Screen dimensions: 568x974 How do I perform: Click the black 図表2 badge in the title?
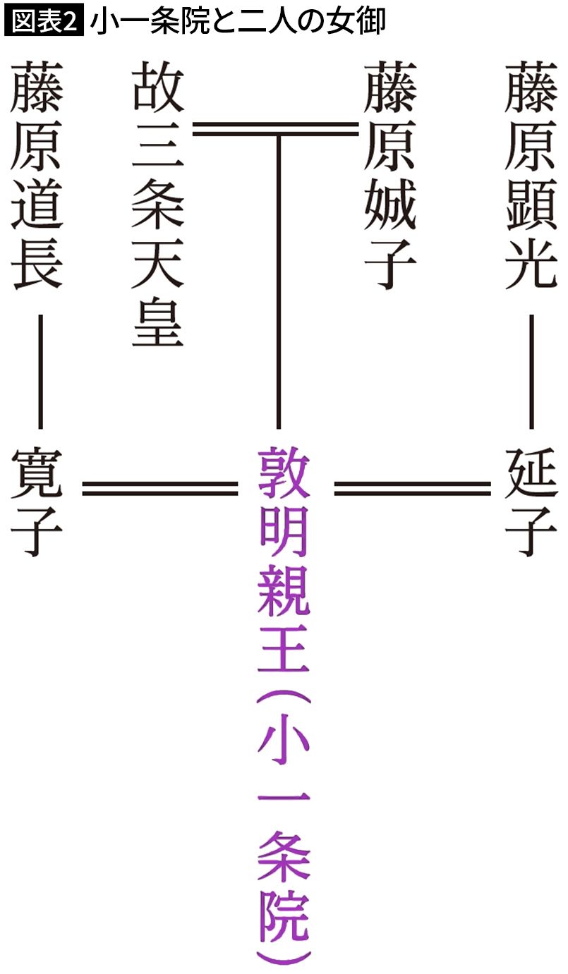[44, 21]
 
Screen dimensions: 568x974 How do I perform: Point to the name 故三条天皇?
[157, 204]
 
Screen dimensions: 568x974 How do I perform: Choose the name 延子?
[531, 502]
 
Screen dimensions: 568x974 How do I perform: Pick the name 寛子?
[37, 502]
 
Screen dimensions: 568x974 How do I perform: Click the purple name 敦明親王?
[284, 559]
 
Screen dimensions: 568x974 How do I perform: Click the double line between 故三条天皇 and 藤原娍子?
[276, 129]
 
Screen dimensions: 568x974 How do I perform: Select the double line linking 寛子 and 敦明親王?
[160, 489]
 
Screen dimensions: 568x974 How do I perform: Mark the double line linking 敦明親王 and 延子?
[412, 489]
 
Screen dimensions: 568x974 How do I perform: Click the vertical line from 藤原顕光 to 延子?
[531, 372]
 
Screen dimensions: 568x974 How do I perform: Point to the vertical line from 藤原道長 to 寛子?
[40, 372]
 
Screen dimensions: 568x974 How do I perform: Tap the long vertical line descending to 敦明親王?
[278, 283]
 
